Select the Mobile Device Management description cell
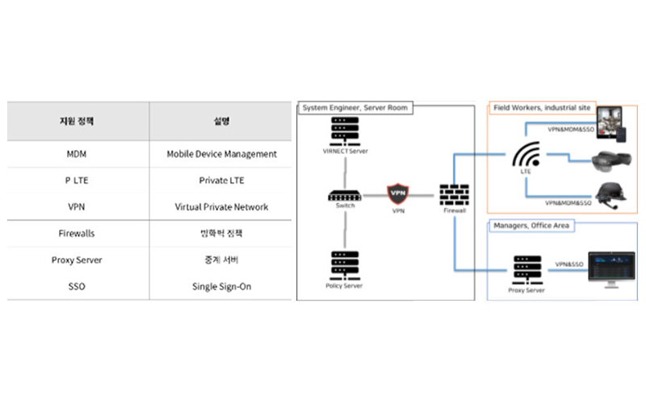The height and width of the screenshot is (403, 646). (221, 154)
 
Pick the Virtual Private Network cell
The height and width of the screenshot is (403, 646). (221, 207)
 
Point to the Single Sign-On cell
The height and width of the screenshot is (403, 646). (221, 287)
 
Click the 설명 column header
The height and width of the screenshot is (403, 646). (221, 122)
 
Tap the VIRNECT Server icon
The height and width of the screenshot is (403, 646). (346, 131)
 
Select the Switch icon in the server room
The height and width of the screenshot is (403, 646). (346, 195)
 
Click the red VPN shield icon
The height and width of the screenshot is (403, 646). (398, 194)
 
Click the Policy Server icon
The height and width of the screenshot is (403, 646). (346, 264)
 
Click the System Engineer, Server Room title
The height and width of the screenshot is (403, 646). (354, 107)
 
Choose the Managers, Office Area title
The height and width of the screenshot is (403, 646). (530, 226)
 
